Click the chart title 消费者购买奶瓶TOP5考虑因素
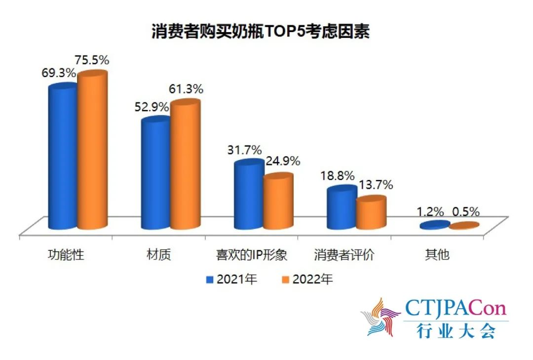click(260, 32)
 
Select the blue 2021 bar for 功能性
click(63, 158)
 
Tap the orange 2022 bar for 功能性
click(92, 151)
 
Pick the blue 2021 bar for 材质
click(156, 174)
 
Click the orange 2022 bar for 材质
click(186, 165)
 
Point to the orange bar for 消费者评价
click(371, 213)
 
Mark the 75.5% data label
click(92, 61)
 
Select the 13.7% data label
click(376, 185)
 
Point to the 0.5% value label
click(465, 212)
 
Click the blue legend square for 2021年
click(209, 280)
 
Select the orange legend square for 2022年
click(285, 280)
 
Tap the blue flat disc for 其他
click(435, 225)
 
